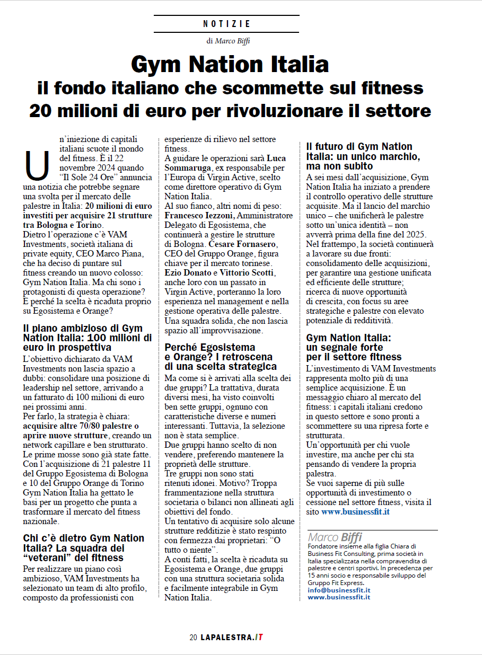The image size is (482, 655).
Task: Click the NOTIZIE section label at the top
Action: point(226,24)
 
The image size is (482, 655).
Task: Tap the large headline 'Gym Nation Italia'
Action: point(230,65)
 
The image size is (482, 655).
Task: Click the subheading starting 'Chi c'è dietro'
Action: point(84,547)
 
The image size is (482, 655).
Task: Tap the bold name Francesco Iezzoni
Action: point(200,216)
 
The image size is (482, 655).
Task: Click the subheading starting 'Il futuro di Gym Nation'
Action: point(363,156)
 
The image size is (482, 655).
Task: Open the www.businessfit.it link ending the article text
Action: point(355,512)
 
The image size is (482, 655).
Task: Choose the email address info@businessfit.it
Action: point(339,590)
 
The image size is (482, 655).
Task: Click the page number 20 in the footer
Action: point(193,637)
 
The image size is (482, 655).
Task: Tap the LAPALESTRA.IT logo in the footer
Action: point(232,637)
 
